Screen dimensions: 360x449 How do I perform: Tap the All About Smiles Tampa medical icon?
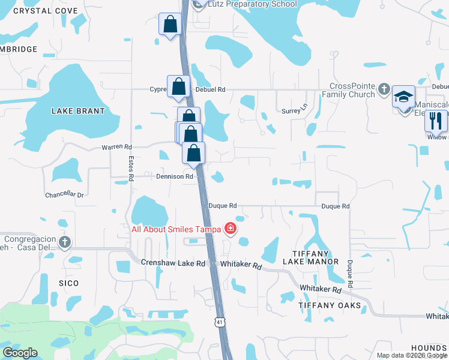pyautogui.click(x=229, y=229)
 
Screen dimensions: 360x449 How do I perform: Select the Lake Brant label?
pyautogui.click(x=78, y=111)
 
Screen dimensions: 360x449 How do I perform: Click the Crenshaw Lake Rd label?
pyautogui.click(x=173, y=263)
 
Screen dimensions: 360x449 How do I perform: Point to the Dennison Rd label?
pyautogui.click(x=175, y=177)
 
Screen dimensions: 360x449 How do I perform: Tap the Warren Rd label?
pyautogui.click(x=116, y=146)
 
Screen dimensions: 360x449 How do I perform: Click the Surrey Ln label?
pyautogui.click(x=294, y=111)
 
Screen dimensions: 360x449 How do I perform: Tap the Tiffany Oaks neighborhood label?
pyautogui.click(x=330, y=305)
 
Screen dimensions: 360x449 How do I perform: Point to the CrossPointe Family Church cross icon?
pyautogui.click(x=384, y=90)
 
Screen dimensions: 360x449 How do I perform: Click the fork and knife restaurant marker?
pyautogui.click(x=436, y=121)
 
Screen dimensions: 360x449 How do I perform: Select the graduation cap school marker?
pyautogui.click(x=403, y=96)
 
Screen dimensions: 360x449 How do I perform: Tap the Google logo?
pyautogui.click(x=20, y=353)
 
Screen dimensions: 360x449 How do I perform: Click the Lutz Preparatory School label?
pyautogui.click(x=252, y=4)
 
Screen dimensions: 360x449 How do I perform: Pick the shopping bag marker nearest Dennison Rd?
pyautogui.click(x=193, y=154)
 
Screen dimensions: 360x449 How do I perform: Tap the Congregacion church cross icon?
pyautogui.click(x=65, y=242)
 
